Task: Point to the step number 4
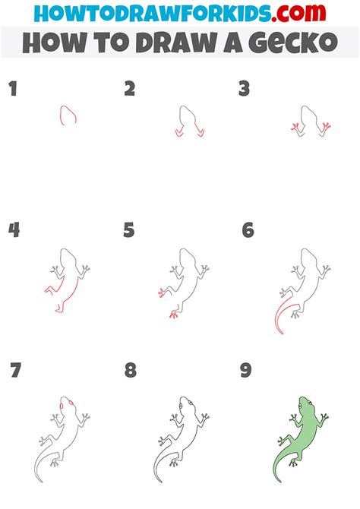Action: coord(14,230)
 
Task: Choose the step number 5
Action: coord(129,230)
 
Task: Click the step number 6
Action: coord(248,230)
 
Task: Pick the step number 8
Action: coord(131,371)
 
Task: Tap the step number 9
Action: coord(245,371)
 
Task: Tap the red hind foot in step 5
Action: coord(174,312)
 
